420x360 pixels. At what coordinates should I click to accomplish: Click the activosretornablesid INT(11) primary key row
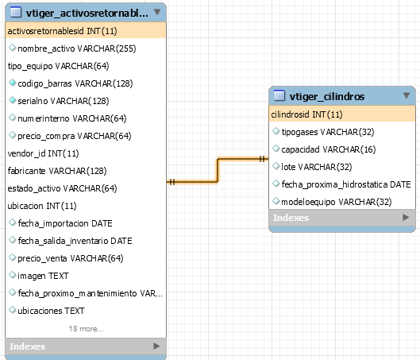pyautogui.click(x=86, y=31)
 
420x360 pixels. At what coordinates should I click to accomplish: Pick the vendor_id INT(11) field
pyautogui.click(x=43, y=153)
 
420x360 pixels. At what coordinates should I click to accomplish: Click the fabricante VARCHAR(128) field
pyautogui.click(x=57, y=171)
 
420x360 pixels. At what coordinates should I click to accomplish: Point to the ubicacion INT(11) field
pyautogui.click(x=42, y=206)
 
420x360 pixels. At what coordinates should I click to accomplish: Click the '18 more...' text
pyautogui.click(x=86, y=329)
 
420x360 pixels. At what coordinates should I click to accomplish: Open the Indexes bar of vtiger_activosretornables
pyautogui.click(x=86, y=346)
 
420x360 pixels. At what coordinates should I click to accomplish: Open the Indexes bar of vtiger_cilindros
pyautogui.click(x=342, y=218)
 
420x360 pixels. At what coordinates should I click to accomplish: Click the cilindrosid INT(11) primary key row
pyautogui.click(x=342, y=114)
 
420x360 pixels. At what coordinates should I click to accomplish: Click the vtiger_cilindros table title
pyautogui.click(x=327, y=96)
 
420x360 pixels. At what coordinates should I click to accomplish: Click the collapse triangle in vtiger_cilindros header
pyautogui.click(x=407, y=95)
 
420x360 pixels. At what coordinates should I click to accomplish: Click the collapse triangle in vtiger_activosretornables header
pyautogui.click(x=157, y=12)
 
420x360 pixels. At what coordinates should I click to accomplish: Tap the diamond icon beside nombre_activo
pyautogui.click(x=12, y=48)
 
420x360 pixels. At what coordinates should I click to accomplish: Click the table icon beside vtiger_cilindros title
pyautogui.click(x=279, y=95)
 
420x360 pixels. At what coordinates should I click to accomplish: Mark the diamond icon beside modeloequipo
pyautogui.click(x=276, y=201)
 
